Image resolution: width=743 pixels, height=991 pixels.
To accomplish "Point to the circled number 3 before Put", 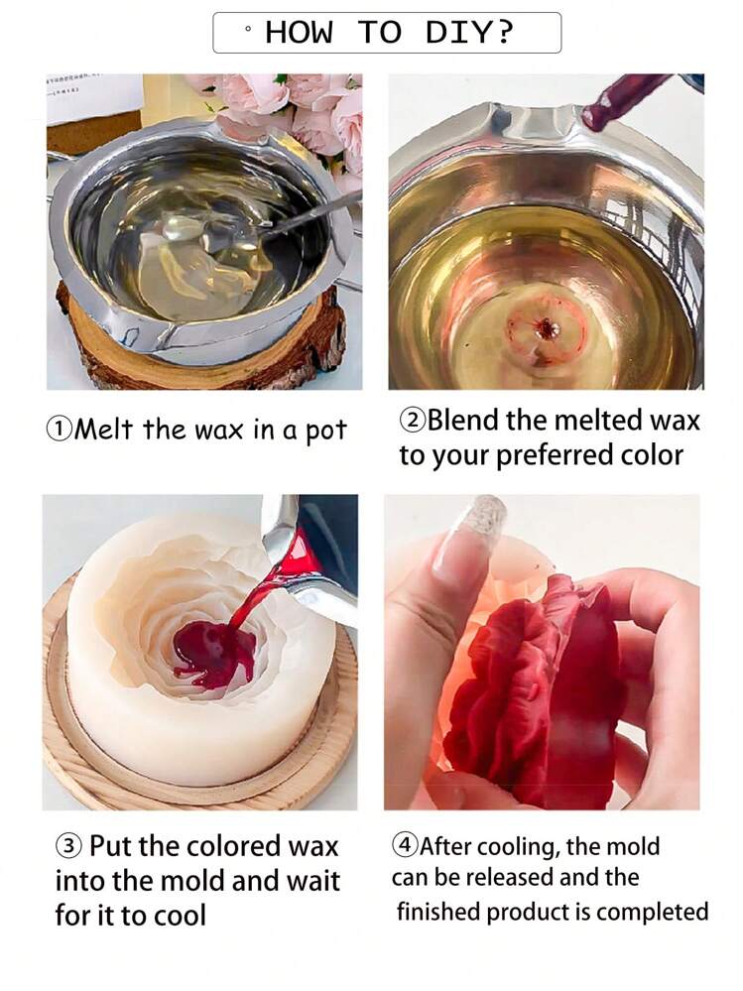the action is point(68,845).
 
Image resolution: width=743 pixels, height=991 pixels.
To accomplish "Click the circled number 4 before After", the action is point(405,845).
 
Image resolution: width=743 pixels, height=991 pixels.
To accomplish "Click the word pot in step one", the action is point(326,432).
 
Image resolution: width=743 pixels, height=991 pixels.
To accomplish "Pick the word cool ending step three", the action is point(177,916).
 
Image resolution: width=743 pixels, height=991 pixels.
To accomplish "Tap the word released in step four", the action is point(510,877).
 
